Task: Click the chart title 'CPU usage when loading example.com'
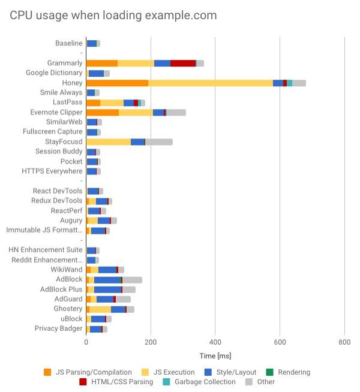pos(113,16)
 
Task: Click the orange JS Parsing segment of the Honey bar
pos(117,83)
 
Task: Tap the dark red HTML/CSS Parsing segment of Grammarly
pos(183,63)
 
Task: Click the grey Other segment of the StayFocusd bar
pos(159,141)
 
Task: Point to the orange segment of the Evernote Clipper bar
pos(103,112)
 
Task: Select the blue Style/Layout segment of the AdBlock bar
pos(107,279)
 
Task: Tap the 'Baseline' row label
pos(68,43)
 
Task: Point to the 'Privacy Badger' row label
pos(58,328)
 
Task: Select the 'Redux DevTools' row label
pos(56,201)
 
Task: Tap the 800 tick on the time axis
pos(344,342)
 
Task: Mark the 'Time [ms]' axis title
pos(215,357)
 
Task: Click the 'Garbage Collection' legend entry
pos(200,382)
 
